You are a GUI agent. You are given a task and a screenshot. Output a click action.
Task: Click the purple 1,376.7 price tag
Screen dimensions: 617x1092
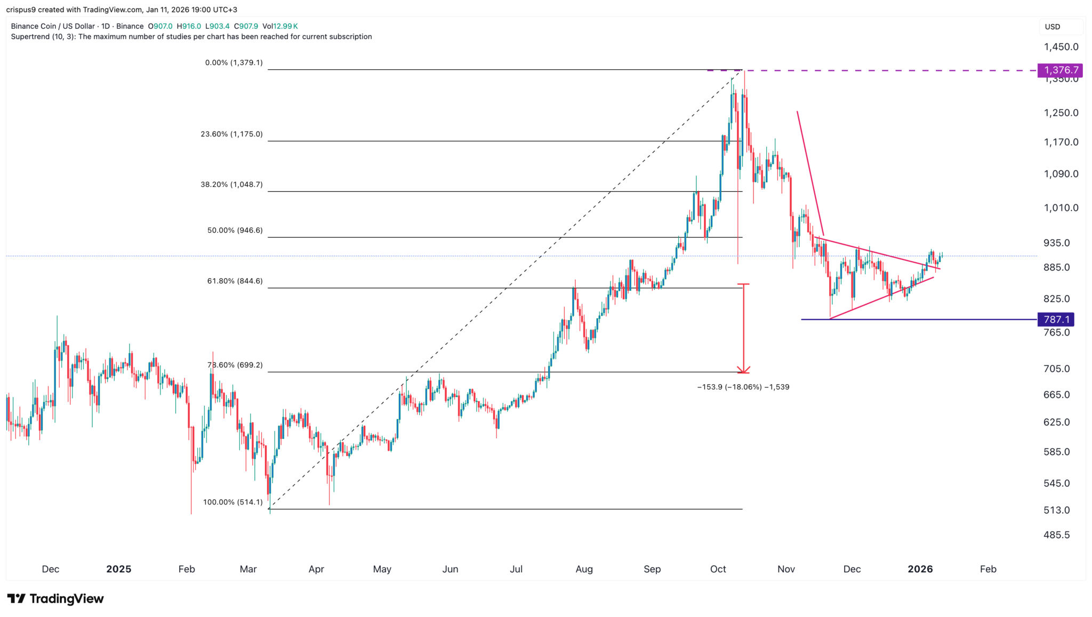[1060, 70]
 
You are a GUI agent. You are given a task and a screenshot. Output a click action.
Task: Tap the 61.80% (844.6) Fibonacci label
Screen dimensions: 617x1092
[235, 281]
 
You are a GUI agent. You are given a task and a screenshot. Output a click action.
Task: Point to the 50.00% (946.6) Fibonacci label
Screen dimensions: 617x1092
[235, 231]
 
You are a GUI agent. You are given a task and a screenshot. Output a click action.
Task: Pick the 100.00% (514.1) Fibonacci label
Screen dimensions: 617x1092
[232, 502]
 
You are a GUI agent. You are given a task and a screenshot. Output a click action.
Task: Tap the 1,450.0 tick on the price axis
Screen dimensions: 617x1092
[1061, 47]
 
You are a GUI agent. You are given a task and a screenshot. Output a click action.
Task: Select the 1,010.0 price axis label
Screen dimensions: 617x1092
[1061, 208]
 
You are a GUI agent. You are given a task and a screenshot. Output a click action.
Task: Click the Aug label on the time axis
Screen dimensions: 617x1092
[584, 569]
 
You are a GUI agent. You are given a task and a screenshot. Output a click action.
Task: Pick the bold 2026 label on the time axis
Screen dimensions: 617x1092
[920, 569]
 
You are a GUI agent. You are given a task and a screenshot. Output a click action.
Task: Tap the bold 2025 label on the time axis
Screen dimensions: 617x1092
[118, 569]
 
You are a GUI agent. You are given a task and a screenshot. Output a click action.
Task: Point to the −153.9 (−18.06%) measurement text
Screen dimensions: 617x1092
[743, 387]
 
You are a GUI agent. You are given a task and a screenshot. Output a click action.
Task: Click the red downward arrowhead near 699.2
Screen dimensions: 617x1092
[743, 370]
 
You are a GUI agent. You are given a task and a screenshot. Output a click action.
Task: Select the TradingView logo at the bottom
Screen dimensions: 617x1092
[55, 599]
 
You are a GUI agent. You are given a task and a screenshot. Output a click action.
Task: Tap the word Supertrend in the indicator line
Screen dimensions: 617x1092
[30, 37]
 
